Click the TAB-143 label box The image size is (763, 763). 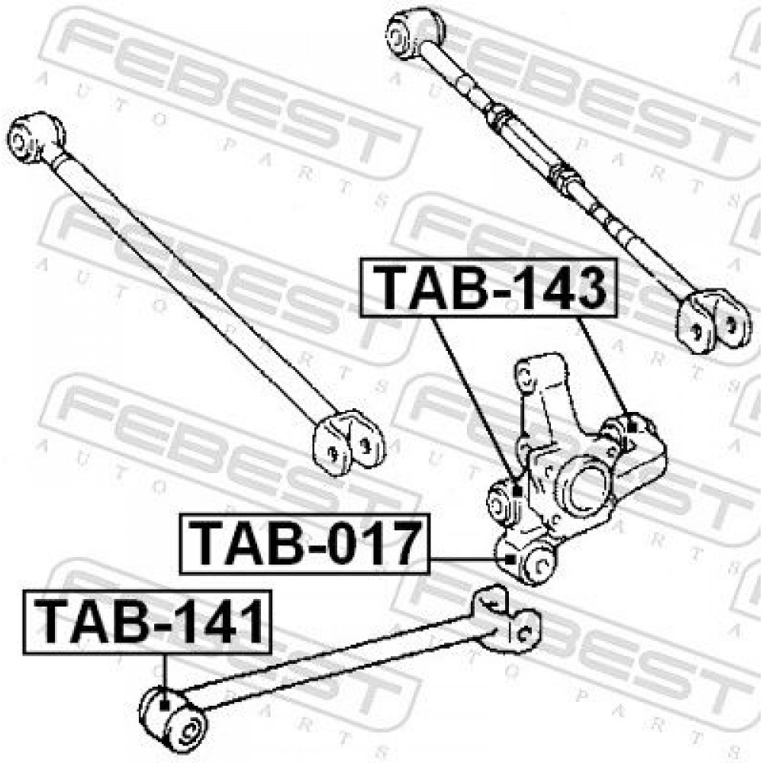pos(488,288)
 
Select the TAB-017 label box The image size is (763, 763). pos(305,543)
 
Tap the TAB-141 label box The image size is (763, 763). pos(147,621)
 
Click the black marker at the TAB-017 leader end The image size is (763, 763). pos(510,559)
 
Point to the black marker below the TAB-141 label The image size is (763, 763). pos(165,704)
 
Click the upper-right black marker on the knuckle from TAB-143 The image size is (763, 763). pos(632,428)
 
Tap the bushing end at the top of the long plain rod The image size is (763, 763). pos(36,137)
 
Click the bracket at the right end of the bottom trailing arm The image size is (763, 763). pos(507,620)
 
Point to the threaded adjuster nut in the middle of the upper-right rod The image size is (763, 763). pos(501,115)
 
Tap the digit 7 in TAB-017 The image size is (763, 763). pos(400,543)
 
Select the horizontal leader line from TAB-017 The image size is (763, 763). pos(468,559)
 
